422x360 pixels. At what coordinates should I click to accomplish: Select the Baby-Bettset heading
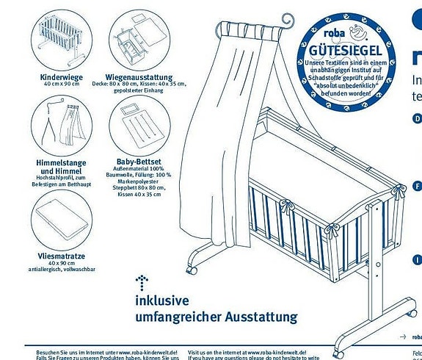[x=139, y=161]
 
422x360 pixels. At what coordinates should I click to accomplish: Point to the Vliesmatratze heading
[x=62, y=255]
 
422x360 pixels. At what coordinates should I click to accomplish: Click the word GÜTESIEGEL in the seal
[x=346, y=49]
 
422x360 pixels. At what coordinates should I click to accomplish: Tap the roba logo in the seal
[x=324, y=35]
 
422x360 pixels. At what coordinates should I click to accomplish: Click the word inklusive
[x=161, y=300]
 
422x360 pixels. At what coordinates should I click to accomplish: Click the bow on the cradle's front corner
[x=331, y=230]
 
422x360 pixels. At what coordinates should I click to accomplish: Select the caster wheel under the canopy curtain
[x=192, y=269]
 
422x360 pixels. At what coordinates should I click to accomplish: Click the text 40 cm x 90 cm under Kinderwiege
[x=62, y=84]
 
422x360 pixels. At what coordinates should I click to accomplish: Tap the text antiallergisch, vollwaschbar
[x=62, y=270]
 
